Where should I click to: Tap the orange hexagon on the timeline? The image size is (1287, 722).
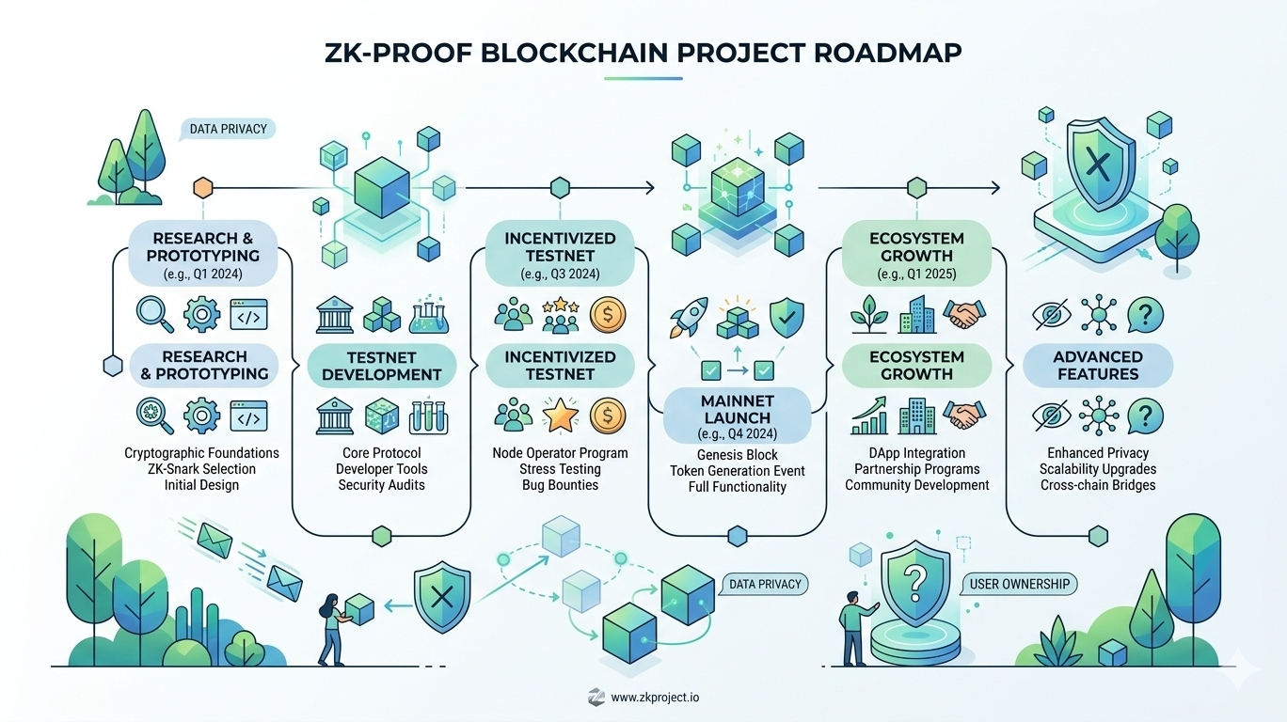coord(203,188)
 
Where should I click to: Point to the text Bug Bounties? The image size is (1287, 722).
coord(560,485)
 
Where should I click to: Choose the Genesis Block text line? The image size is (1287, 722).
coord(738,455)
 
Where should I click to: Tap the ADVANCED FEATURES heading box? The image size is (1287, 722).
coord(1098,365)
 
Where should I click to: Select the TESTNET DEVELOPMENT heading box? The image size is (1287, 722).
coord(381,365)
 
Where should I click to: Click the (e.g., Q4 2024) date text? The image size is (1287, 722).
coord(737,434)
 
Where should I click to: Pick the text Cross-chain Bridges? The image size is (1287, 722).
coord(1098,485)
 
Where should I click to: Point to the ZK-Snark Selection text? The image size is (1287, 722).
coord(201,469)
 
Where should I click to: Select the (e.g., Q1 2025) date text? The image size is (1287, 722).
coord(916,275)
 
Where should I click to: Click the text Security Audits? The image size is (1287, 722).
coord(381,485)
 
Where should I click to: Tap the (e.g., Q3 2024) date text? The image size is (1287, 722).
coord(560,275)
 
